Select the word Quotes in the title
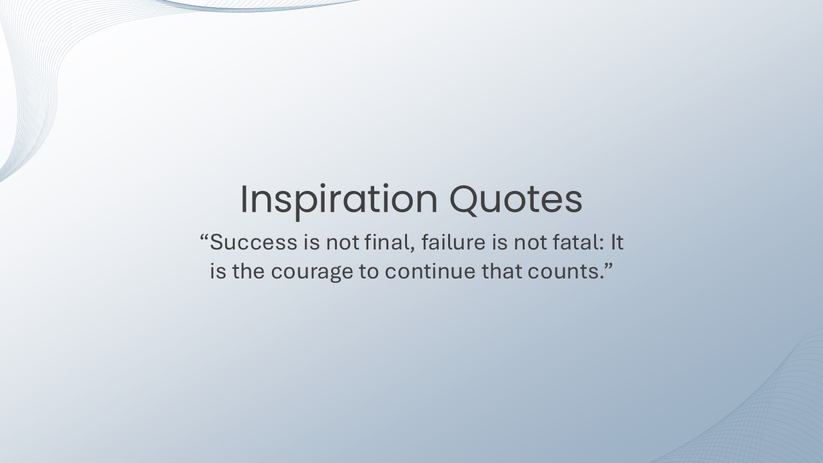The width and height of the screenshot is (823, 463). (516, 199)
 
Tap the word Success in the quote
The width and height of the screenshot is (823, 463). (253, 242)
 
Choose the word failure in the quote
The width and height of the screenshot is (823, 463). (453, 242)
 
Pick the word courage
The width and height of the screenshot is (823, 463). (312, 273)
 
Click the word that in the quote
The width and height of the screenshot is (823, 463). (502, 271)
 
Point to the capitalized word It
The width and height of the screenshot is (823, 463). (617, 242)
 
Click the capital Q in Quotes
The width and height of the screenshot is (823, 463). (464, 199)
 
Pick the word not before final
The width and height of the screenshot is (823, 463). (343, 243)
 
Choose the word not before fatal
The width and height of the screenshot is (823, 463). (530, 243)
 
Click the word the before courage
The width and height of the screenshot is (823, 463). (248, 271)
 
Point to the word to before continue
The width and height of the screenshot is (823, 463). (369, 272)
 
